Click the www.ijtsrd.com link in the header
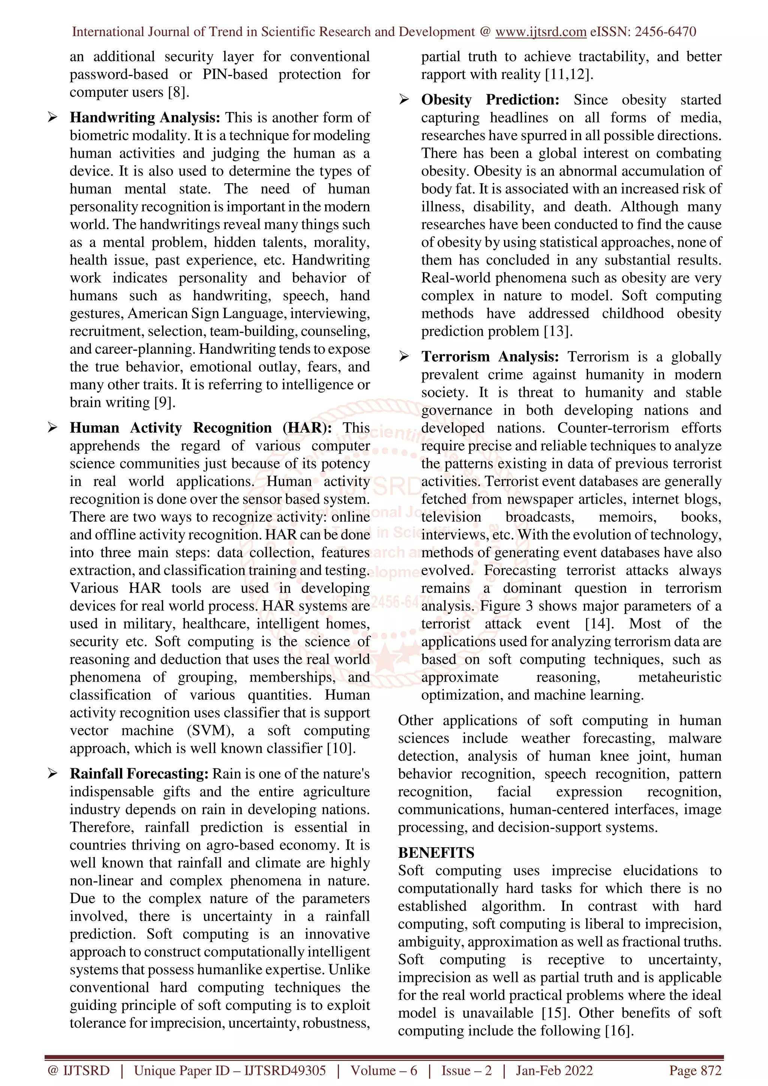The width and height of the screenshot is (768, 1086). tap(540, 32)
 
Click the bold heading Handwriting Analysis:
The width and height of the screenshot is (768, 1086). tap(145, 117)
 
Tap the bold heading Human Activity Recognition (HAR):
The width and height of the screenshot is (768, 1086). tap(201, 428)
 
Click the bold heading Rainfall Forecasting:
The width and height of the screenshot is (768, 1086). tap(139, 774)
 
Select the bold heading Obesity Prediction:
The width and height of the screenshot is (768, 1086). tap(490, 100)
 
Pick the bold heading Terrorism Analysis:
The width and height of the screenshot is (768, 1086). tap(490, 357)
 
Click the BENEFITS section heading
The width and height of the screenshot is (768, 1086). tap(436, 853)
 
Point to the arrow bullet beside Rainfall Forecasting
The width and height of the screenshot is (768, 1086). tap(52, 774)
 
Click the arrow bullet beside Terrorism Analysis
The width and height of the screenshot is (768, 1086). tap(403, 357)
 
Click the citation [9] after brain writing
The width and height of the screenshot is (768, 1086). tap(165, 402)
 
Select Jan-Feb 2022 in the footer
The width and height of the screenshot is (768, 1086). tap(554, 1070)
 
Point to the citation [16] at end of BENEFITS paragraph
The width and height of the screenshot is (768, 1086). tap(619, 1031)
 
